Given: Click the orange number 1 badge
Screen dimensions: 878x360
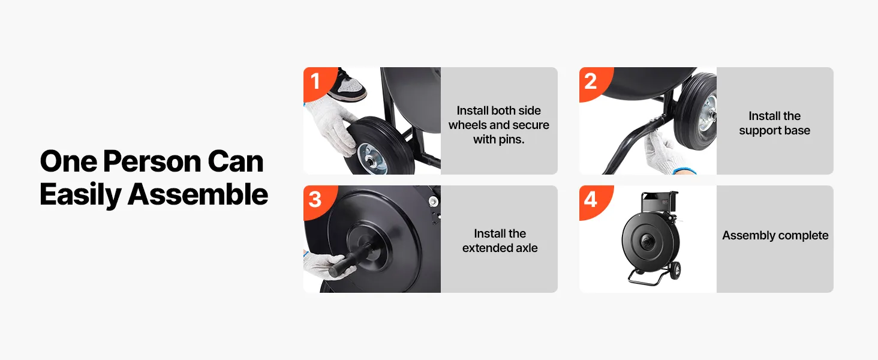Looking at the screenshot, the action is [318, 82].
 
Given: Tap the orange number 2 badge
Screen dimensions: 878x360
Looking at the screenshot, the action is [594, 82].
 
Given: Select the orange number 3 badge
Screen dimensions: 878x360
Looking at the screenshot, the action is [318, 201].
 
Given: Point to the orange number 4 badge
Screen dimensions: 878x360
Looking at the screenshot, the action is [594, 201].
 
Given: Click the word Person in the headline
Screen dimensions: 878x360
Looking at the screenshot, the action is [152, 161].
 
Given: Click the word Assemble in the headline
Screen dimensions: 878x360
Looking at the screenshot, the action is [197, 194].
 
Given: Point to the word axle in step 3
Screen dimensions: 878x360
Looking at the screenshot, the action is [525, 248].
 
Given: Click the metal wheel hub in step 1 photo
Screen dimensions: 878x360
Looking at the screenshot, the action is [372, 160].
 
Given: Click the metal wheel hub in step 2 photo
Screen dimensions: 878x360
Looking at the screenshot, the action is [708, 116].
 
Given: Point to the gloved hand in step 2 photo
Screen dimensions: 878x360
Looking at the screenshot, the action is [666, 154].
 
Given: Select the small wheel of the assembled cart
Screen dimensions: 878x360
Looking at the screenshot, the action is [675, 271].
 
